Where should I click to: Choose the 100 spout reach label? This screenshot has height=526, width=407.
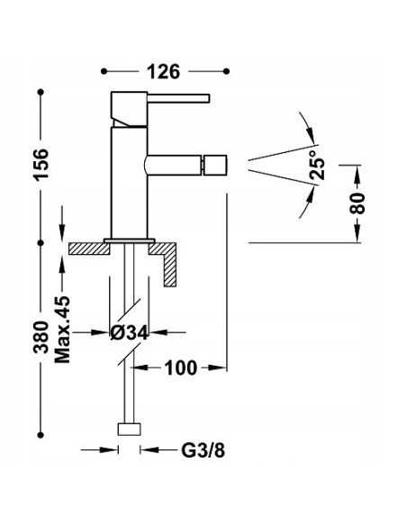click(x=181, y=367)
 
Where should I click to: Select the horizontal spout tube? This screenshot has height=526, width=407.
click(x=176, y=166)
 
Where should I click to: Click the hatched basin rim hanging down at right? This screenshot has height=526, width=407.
click(x=171, y=266)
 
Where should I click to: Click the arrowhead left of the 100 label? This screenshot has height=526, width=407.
click(x=140, y=367)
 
